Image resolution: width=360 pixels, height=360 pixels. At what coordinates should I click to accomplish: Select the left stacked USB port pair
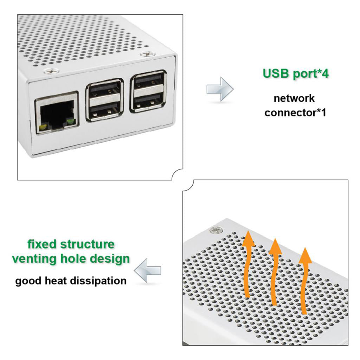click(104, 100)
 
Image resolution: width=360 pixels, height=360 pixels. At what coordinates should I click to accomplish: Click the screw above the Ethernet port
click(52, 71)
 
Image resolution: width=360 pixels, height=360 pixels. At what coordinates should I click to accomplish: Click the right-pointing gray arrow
click(220, 89)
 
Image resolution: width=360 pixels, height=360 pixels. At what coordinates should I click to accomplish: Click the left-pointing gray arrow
click(148, 270)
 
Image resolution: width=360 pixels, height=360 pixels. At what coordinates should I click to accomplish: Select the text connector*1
click(295, 113)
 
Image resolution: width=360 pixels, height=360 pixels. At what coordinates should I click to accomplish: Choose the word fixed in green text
click(43, 244)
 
